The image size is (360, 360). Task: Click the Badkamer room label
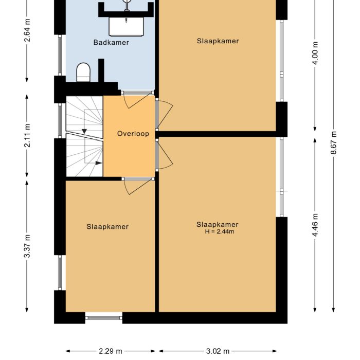[111, 43]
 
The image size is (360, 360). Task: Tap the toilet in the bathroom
[83, 72]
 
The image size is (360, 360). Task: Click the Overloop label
[133, 134]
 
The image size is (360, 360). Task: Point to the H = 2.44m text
[220, 232]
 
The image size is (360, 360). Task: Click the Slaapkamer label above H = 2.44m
[218, 224]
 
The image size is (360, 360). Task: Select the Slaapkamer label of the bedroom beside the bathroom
[218, 41]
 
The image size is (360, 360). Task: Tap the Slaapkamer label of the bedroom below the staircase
[107, 226]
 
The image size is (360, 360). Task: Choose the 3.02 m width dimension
[218, 351]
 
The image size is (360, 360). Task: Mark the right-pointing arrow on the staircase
[98, 163]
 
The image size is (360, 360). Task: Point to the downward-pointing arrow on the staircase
[83, 132]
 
